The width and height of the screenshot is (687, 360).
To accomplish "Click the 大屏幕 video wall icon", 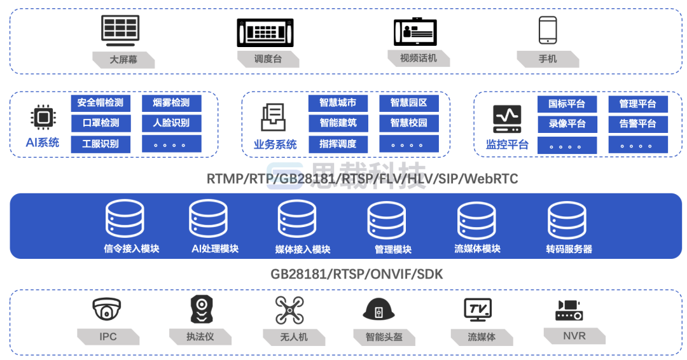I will click(x=120, y=30).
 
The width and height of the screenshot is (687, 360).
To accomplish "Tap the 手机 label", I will click(x=548, y=59).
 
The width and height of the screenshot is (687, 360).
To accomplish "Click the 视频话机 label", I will click(x=419, y=59).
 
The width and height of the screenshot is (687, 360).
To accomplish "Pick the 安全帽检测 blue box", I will click(x=101, y=103).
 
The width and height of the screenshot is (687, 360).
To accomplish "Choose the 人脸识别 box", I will click(x=171, y=123).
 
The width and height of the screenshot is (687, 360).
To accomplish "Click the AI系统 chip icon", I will click(x=43, y=117).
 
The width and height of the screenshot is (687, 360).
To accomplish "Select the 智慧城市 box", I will click(x=338, y=103).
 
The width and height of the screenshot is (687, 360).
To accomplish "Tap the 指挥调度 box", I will click(x=338, y=144).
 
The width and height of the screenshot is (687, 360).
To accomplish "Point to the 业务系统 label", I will click(x=275, y=144).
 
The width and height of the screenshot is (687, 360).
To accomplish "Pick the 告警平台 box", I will click(x=637, y=124).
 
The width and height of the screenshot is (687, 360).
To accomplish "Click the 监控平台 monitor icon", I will click(x=507, y=118).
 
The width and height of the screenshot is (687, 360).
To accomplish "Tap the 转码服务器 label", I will click(x=569, y=249).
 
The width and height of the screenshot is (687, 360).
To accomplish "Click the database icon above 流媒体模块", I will click(x=476, y=220).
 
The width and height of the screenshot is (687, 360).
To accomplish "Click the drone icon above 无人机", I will click(x=289, y=310).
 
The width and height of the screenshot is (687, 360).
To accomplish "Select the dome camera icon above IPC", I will click(x=106, y=310).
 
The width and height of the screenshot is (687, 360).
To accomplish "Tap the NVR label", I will click(x=574, y=336).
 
